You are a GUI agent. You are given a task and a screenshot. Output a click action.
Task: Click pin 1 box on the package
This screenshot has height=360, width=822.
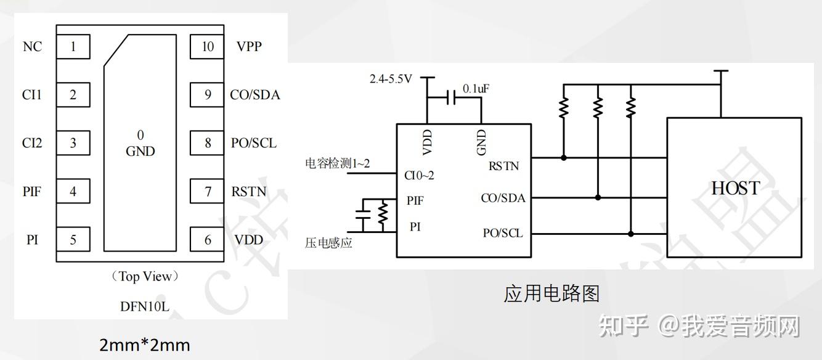[x=73, y=47]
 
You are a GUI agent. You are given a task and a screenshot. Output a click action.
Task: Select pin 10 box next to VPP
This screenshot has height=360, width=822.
[x=207, y=47]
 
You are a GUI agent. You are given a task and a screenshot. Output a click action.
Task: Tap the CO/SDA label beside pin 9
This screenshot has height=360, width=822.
[x=254, y=95]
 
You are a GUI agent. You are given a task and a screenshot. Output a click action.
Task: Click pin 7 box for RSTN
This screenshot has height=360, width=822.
[x=207, y=192]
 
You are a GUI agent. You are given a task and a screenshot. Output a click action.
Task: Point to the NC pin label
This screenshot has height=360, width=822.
[x=32, y=47]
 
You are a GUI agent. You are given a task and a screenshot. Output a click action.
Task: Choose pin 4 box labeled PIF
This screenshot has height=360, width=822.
[x=73, y=192]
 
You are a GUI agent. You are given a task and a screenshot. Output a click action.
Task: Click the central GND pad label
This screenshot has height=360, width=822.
[x=140, y=151]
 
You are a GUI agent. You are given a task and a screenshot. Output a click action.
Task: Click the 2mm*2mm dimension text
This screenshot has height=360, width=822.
[x=145, y=345]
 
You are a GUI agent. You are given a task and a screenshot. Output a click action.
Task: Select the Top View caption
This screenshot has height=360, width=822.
[x=145, y=277]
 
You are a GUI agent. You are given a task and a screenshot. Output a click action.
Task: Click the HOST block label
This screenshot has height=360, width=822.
[x=735, y=188]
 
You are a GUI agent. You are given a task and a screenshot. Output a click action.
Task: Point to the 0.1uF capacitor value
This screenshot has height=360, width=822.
[x=476, y=89]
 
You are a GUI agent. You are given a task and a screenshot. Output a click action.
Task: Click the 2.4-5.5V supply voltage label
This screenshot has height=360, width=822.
[x=390, y=79]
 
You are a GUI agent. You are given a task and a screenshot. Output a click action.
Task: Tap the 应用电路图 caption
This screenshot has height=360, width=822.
[x=551, y=293]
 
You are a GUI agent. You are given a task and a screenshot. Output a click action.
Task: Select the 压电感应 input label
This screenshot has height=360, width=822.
[x=328, y=243]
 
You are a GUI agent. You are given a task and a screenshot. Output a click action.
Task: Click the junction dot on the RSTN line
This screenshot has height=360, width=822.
[x=564, y=158]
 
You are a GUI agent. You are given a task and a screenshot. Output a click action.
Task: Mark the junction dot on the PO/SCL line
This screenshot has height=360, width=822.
[x=630, y=234]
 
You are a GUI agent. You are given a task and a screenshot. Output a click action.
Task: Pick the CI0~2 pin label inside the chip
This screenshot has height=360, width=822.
[x=419, y=176]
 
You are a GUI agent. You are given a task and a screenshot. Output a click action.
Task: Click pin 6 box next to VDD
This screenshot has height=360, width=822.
[x=207, y=240]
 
